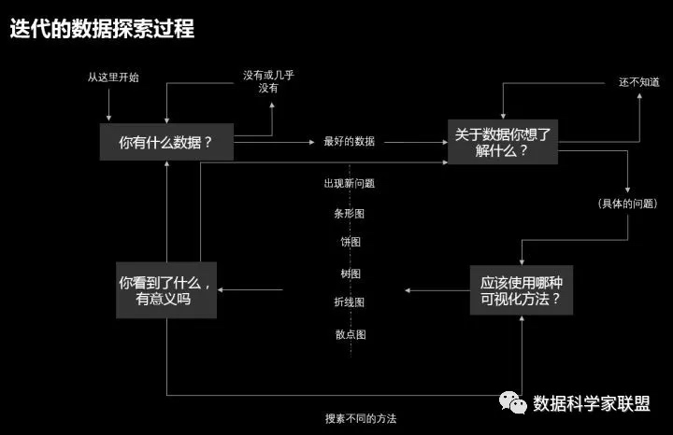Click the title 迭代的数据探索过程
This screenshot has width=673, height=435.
(102, 29)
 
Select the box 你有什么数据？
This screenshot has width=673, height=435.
(166, 143)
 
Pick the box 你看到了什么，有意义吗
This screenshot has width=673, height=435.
(165, 288)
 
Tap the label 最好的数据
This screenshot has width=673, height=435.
(349, 142)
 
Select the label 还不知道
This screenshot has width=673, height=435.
(639, 82)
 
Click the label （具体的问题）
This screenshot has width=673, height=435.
(625, 203)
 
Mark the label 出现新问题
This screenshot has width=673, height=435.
(349, 183)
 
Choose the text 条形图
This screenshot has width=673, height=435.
(349, 213)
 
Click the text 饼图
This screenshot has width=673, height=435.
(350, 243)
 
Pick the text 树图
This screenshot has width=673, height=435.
(350, 274)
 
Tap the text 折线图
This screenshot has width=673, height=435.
(349, 302)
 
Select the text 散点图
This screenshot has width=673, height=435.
(350, 333)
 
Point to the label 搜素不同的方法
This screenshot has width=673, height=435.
(354, 419)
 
